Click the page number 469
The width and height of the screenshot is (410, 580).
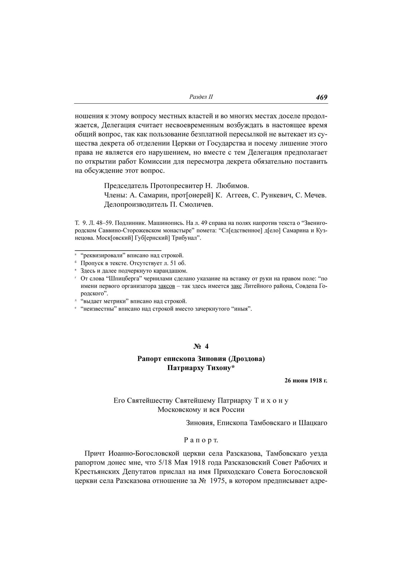322,97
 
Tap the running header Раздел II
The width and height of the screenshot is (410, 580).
201,97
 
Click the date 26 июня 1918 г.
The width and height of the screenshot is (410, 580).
306,380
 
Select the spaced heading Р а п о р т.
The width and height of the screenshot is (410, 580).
201,439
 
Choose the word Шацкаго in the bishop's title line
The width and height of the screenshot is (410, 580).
314,423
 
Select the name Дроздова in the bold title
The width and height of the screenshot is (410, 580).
246,358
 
